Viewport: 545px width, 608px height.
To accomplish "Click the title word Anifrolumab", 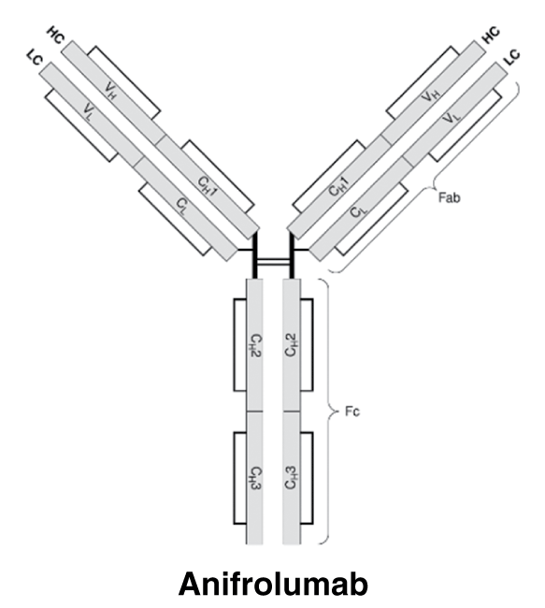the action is coord(273,584).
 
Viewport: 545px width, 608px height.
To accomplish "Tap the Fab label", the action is coord(450,197).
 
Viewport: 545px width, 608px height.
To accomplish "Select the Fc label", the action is coord(352,412).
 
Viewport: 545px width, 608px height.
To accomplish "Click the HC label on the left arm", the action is coord(56,36).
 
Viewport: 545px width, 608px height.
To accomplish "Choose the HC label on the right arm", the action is coord(491,35).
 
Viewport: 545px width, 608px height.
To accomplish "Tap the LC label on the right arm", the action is coord(512,57).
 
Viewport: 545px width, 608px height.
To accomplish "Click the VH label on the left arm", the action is coord(110,92).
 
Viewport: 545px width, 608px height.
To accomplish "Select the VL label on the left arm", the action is coord(89,113).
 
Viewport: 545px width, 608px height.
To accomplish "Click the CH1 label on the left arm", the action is coord(207,186).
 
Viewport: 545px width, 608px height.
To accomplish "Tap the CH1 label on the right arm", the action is coord(338,186).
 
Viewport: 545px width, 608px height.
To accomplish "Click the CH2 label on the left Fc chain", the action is coord(254,345).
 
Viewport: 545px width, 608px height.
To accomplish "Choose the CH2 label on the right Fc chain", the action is coord(291,345).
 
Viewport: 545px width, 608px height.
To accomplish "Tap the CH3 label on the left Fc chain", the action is coord(254,478).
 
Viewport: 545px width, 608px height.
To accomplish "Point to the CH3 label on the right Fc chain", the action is coord(291,478).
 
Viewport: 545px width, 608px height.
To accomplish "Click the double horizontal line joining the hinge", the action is coord(273,263).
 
